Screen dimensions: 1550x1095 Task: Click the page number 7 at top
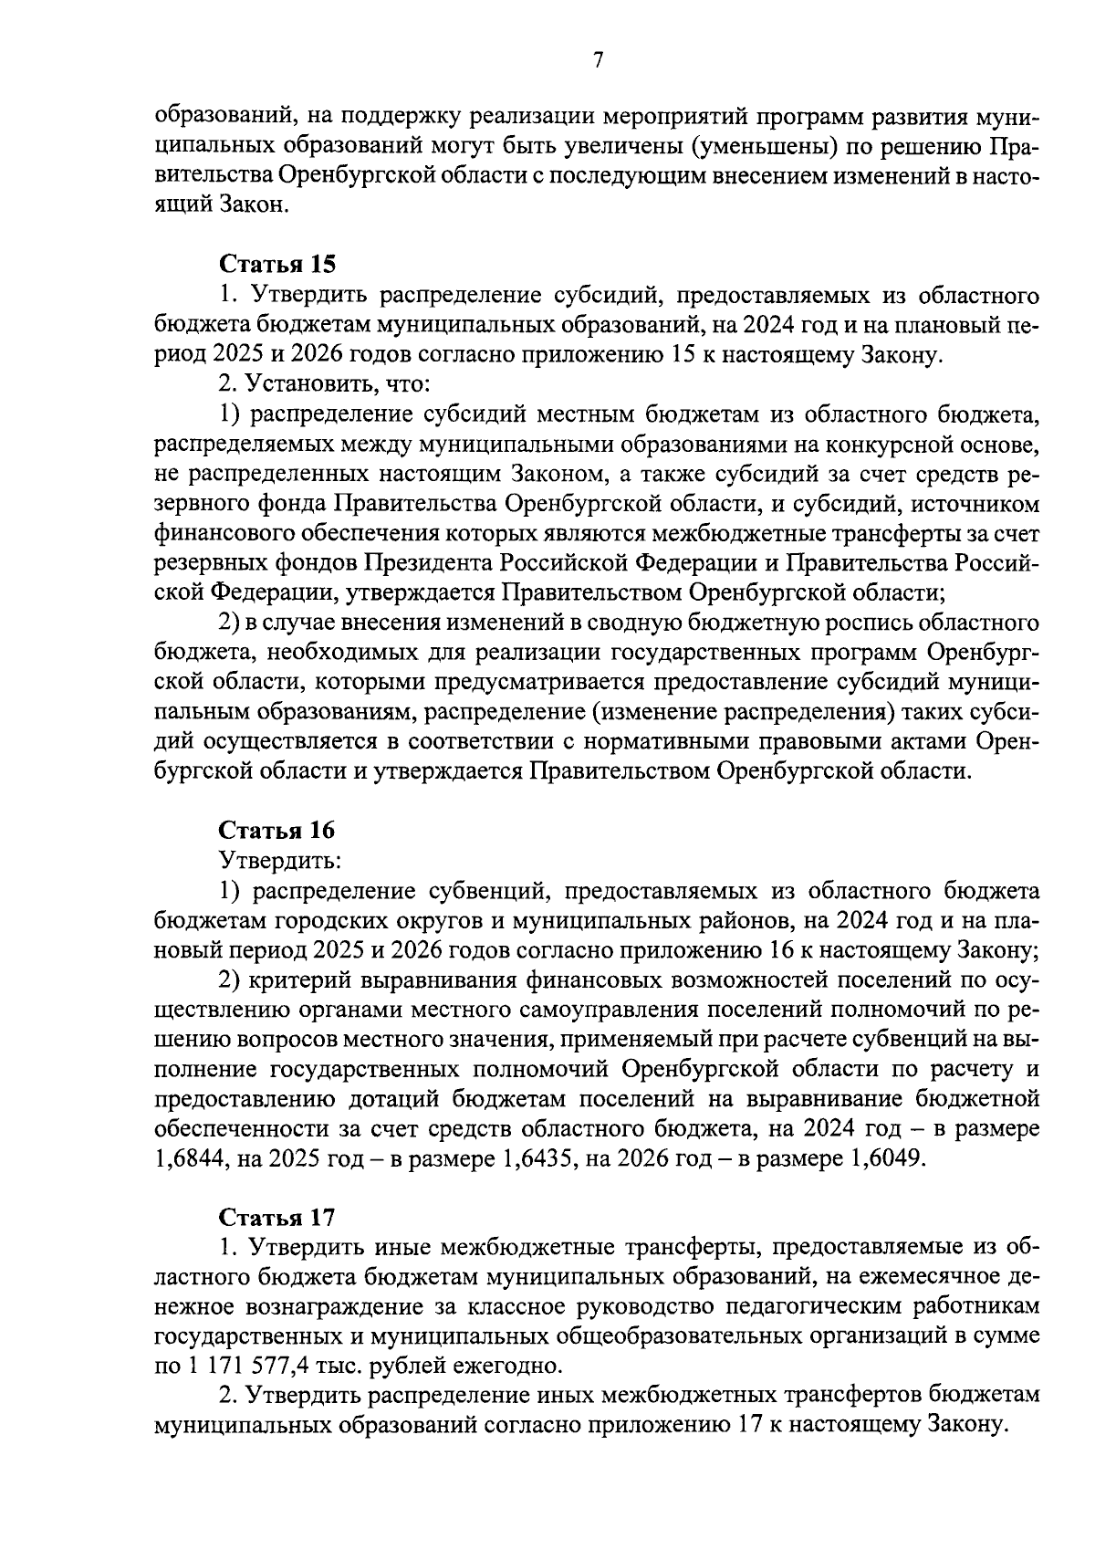pyautogui.click(x=598, y=61)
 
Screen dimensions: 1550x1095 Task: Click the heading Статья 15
pyautogui.click(x=277, y=265)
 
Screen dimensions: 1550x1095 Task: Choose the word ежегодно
pyautogui.click(x=516, y=1366)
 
